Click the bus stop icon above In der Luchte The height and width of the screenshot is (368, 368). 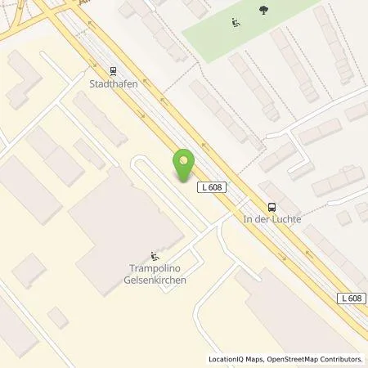[272, 208]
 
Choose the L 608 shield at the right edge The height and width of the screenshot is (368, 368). [351, 298]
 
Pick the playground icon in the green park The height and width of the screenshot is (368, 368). [236, 22]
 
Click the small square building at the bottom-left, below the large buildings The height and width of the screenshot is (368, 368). [58, 317]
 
